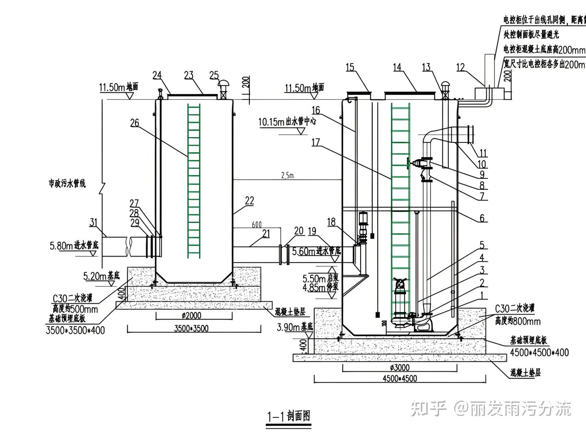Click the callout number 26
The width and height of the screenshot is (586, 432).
[x=134, y=123]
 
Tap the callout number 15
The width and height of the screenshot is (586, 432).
[x=350, y=68]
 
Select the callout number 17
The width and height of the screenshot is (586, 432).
[x=316, y=143]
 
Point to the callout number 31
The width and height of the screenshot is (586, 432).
[x=94, y=222]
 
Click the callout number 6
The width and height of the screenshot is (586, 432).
[x=482, y=218]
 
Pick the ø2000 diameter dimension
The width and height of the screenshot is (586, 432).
[x=191, y=315]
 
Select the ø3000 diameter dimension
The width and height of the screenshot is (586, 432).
[x=400, y=368]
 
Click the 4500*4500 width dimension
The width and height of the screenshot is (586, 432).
[x=400, y=378]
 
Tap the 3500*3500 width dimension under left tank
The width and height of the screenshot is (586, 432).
[x=191, y=328]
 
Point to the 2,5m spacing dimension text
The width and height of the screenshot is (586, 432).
[x=287, y=175]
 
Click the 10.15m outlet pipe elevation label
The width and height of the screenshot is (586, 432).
[x=287, y=121]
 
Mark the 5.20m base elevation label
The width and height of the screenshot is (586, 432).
[x=101, y=276]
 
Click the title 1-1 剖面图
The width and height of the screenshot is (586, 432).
[x=289, y=416]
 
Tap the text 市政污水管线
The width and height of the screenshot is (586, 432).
[x=67, y=184]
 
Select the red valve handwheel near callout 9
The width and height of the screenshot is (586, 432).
[x=408, y=164]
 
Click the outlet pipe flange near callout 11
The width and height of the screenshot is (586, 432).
[x=471, y=134]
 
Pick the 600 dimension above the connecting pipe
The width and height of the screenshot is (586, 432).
[x=257, y=224]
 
